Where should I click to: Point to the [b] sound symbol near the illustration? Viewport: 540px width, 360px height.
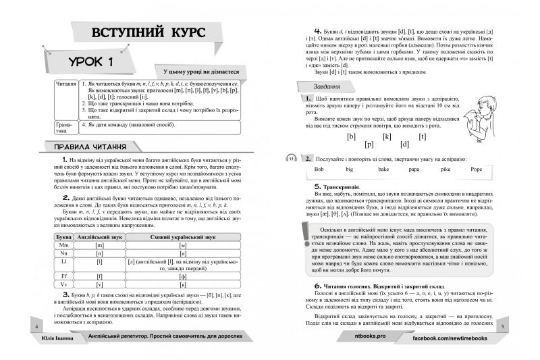[x=351, y=136]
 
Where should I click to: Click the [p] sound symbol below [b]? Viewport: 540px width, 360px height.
[x=369, y=145]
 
